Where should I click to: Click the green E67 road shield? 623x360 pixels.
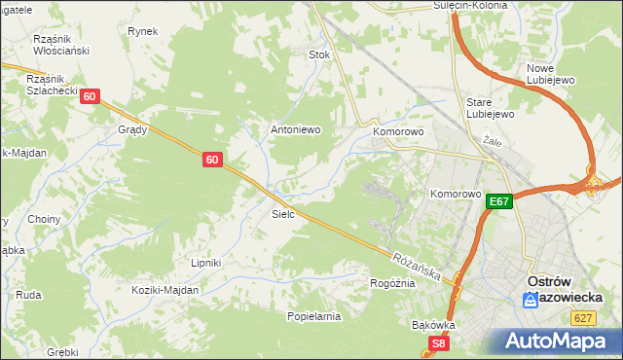click(x=499, y=201)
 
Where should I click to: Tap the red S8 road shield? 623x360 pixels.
click(x=440, y=343)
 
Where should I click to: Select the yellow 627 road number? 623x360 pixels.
click(x=584, y=317)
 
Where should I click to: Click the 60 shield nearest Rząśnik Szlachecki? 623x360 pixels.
click(x=90, y=96)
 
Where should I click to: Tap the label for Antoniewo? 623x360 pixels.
click(x=295, y=129)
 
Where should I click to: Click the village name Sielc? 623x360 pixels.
click(x=283, y=213)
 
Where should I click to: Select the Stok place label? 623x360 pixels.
click(x=319, y=55)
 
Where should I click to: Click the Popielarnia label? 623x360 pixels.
click(x=313, y=316)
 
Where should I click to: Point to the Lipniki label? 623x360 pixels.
click(x=205, y=263)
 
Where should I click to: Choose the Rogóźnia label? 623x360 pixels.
click(x=392, y=283)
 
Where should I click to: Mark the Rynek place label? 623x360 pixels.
click(x=142, y=31)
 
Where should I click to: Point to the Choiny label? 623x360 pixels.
click(x=44, y=219)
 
